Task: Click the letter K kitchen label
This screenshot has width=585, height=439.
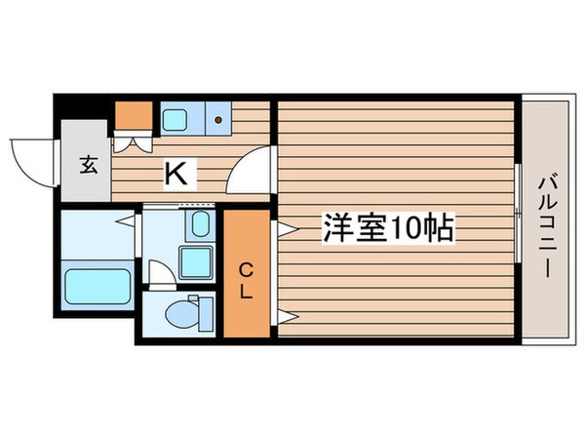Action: tap(176, 175)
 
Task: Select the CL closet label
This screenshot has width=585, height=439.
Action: tap(247, 279)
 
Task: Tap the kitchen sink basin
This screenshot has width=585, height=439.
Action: tap(176, 120)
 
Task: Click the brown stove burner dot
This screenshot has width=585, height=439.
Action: tap(217, 121)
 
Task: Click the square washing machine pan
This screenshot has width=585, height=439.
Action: tap(198, 260)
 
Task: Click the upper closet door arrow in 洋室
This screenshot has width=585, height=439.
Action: tap(286, 230)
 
